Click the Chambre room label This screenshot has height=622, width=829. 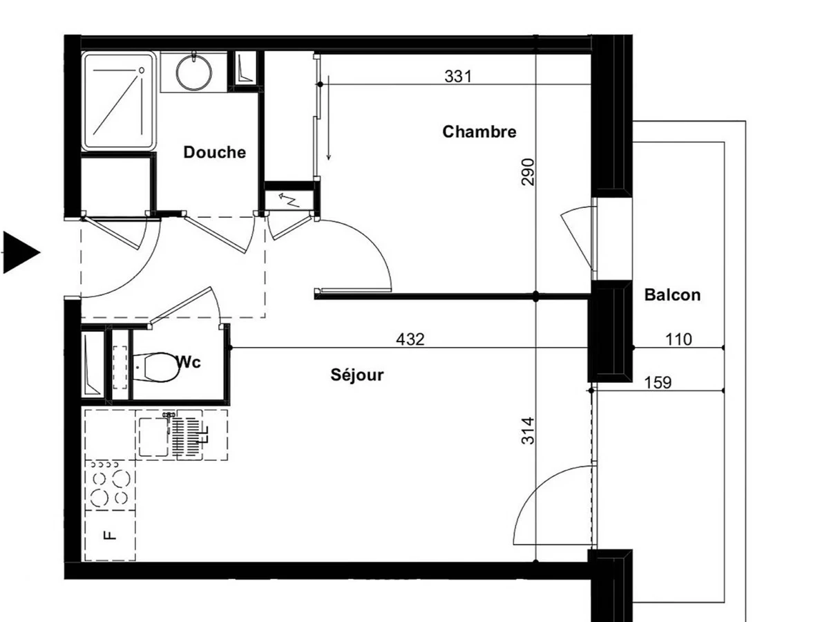click(x=479, y=132)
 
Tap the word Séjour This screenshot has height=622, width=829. click(x=357, y=375)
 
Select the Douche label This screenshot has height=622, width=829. click(x=215, y=152)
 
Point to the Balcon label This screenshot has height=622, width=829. click(x=672, y=295)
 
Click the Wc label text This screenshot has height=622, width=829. click(x=189, y=363)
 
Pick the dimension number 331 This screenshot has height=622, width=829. click(x=458, y=77)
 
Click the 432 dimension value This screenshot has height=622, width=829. click(x=410, y=339)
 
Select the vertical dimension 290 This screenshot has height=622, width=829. click(x=528, y=172)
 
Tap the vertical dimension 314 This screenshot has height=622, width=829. click(x=528, y=431)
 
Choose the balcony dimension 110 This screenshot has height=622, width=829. click(x=678, y=339)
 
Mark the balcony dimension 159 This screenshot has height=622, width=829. click(x=658, y=383)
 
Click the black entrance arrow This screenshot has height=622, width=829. click(x=21, y=252)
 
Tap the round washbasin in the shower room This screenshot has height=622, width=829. click(x=194, y=73)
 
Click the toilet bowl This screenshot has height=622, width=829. click(x=157, y=367)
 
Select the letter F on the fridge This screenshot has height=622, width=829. click(x=110, y=535)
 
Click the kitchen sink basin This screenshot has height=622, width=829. click(x=154, y=437)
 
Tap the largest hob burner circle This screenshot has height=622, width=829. click(x=122, y=478)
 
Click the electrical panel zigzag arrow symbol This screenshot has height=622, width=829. click(x=289, y=200)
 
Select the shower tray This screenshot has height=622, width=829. click(x=119, y=101)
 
